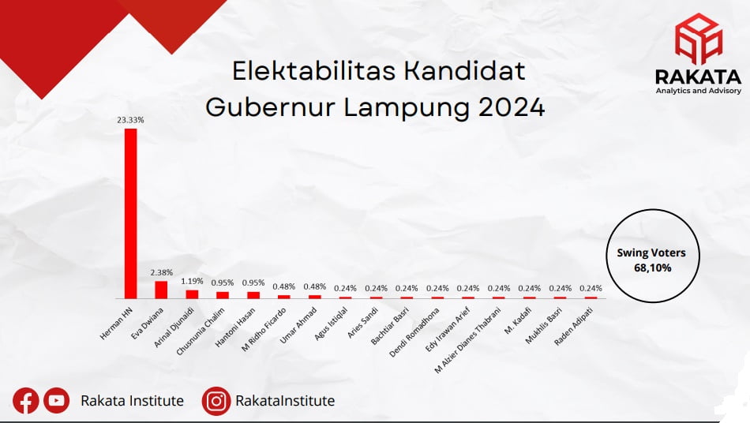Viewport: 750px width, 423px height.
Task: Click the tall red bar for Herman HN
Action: [130, 214]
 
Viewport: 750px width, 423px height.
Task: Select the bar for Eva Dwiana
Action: [161, 290]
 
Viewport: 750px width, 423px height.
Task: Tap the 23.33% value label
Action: [130, 120]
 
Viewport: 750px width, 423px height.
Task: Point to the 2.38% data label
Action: [162, 272]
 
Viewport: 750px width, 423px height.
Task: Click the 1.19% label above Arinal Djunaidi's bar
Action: [192, 281]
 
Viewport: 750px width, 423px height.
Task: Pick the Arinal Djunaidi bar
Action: [193, 294]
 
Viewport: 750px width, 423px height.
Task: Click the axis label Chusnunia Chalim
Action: [201, 331]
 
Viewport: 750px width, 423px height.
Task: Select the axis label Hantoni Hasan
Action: [235, 327]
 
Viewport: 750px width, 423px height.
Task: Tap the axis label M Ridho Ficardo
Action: [264, 329]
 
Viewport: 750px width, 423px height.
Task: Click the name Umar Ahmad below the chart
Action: [298, 325]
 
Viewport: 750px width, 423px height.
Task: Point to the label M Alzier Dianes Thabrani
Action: [468, 340]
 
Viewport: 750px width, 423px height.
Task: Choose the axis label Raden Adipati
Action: [573, 326]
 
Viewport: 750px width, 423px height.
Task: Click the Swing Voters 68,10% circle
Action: [652, 256]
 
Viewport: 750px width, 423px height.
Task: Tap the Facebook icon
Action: [26, 401]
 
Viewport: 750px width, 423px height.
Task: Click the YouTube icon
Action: [56, 400]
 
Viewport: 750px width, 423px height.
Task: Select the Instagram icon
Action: [216, 401]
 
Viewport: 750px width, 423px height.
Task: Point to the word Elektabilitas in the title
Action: [313, 71]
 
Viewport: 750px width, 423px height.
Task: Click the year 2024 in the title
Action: [512, 107]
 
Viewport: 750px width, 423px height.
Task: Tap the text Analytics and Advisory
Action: [699, 91]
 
